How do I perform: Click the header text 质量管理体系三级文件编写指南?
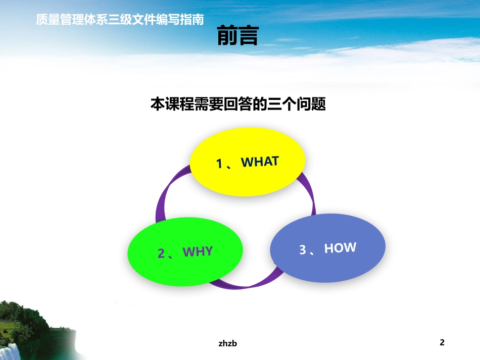[120, 20]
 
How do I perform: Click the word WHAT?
[260, 162]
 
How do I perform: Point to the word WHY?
[198, 251]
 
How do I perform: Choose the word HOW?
[340, 248]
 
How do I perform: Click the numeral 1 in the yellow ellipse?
[219, 164]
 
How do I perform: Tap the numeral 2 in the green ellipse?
[161, 253]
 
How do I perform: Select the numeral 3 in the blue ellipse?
[302, 250]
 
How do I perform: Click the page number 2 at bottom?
[442, 343]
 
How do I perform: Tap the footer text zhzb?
[228, 343]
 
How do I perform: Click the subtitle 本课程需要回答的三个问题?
[238, 105]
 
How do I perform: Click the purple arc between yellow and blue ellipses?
[309, 194]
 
